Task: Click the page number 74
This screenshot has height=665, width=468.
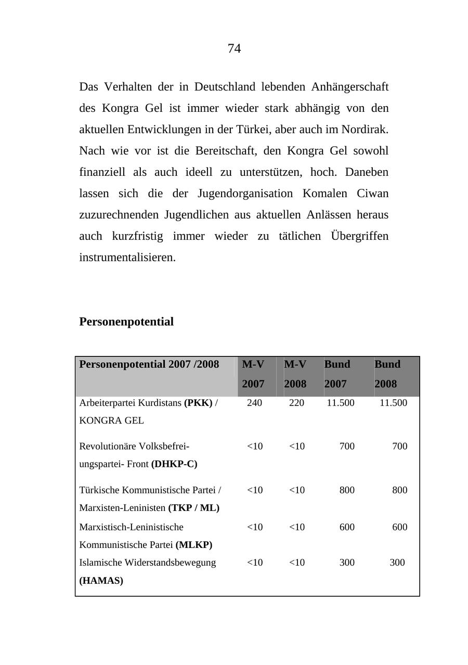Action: (234, 49)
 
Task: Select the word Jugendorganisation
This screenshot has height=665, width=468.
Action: (245, 194)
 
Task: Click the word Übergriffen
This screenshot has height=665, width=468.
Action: (359, 236)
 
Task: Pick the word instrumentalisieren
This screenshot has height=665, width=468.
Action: (127, 258)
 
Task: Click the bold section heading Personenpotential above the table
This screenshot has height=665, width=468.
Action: (126, 322)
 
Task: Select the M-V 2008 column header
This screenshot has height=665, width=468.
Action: (295, 374)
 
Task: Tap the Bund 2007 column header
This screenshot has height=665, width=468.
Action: (337, 374)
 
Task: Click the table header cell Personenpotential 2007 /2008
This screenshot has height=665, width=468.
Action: (149, 364)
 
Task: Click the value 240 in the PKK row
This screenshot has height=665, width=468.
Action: (254, 403)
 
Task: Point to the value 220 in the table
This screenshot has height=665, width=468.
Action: (296, 403)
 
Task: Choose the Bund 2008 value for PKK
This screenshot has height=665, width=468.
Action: (393, 403)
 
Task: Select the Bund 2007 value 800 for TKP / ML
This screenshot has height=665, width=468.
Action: (347, 490)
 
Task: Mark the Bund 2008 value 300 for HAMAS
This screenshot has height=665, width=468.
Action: (397, 562)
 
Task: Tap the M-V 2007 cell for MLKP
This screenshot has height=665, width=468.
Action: (255, 527)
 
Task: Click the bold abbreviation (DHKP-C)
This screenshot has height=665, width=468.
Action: (174, 464)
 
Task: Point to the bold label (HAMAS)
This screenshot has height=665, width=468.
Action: (101, 581)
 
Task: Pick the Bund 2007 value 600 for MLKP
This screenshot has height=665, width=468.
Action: (347, 527)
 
